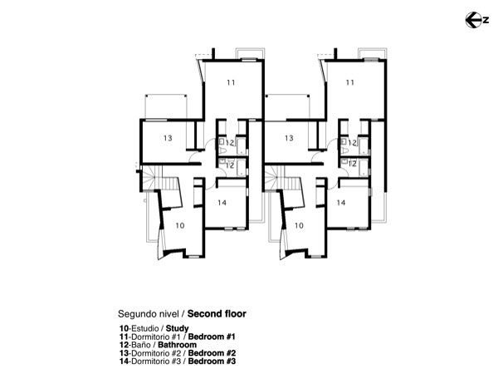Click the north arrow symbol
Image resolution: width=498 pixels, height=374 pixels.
[x=476, y=20]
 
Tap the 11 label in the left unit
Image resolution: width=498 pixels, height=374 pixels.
[x=231, y=82]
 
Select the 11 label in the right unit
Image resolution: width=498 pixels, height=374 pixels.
[x=350, y=82]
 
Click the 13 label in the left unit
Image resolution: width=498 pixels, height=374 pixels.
[x=168, y=138]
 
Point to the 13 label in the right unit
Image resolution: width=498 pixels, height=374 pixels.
[x=289, y=138]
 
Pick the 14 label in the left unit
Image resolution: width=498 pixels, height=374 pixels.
[x=222, y=203]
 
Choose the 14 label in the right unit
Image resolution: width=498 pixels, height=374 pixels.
[x=341, y=203]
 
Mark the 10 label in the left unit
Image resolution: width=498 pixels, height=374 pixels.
[x=180, y=225]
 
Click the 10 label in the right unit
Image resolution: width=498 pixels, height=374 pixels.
[x=299, y=225]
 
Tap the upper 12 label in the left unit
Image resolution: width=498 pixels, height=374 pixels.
[x=230, y=143]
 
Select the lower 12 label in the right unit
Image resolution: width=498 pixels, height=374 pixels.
[x=352, y=164]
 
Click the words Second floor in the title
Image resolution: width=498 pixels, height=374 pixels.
[x=217, y=314]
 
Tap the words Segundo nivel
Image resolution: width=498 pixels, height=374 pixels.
[x=148, y=314]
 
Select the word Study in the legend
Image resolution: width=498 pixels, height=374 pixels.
[x=178, y=328]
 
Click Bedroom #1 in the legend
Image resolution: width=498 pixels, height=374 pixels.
[x=212, y=337]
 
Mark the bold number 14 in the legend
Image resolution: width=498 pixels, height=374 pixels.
[x=124, y=362]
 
